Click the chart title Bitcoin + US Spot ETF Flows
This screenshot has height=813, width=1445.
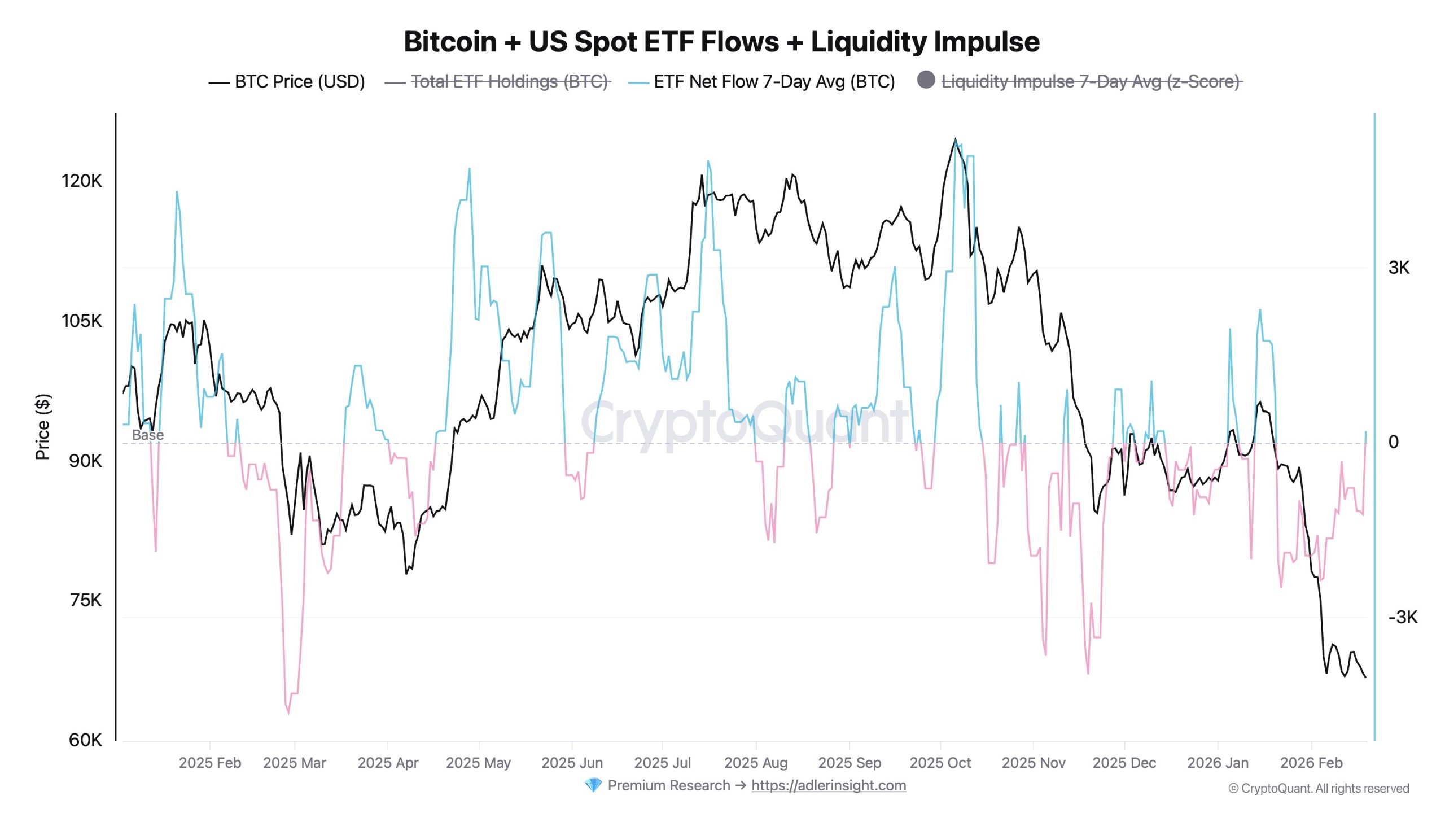(x=721, y=42)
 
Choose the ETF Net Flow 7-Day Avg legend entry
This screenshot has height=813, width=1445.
(x=774, y=82)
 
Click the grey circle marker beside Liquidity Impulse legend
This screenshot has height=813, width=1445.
(x=926, y=80)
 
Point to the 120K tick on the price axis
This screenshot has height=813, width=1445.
(x=82, y=181)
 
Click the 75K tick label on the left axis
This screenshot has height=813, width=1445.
(x=86, y=600)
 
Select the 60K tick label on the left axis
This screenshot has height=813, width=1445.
(x=86, y=740)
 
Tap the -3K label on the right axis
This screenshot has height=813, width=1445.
(x=1402, y=617)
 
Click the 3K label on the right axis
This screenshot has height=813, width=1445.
(x=1399, y=268)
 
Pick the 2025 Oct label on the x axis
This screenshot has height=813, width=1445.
(x=940, y=763)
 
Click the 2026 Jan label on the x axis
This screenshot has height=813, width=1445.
(x=1218, y=763)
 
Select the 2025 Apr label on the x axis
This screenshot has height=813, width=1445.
(x=388, y=763)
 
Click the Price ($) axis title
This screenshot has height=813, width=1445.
(x=43, y=427)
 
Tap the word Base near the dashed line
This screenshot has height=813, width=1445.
(x=148, y=435)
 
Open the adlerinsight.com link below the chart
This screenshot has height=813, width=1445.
(x=828, y=785)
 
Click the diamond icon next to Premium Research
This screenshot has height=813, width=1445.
(x=593, y=785)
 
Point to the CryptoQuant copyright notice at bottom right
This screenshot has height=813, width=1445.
(x=1318, y=789)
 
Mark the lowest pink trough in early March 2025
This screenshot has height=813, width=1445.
(x=288, y=713)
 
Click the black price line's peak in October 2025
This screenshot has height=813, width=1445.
(x=955, y=139)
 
